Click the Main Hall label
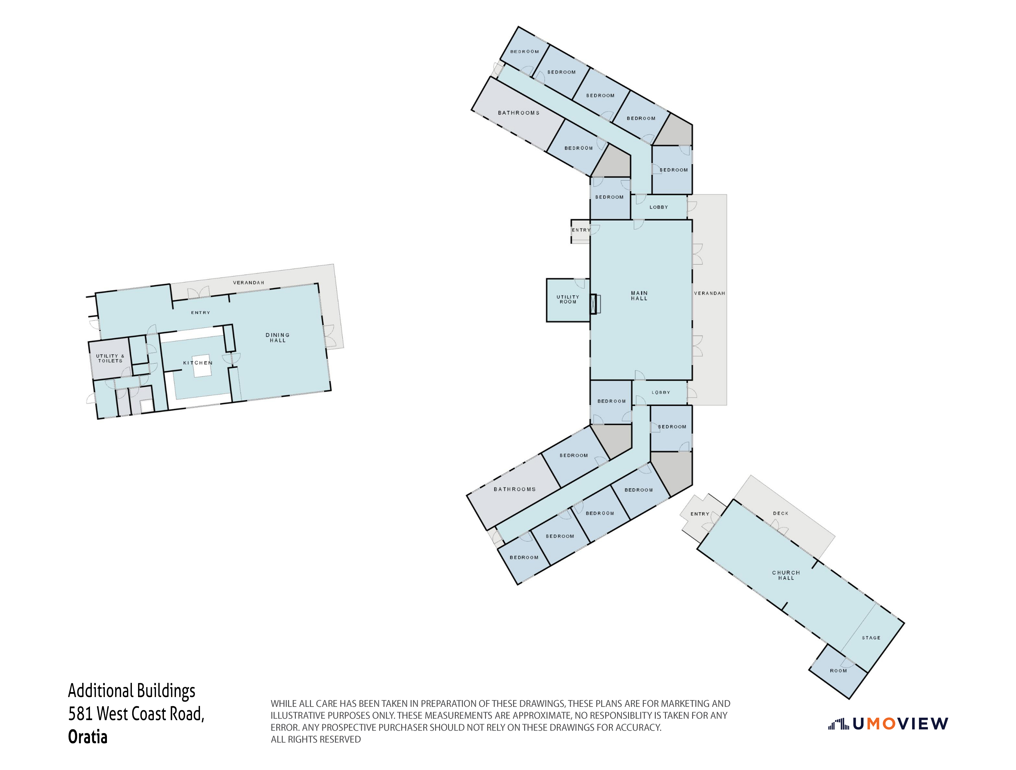(x=639, y=296)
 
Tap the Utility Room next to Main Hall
(x=568, y=299)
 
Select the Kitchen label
(x=198, y=363)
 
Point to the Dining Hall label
(x=277, y=338)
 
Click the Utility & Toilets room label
(x=110, y=358)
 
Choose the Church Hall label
(x=786, y=575)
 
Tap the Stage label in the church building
(x=871, y=638)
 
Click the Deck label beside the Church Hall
(x=780, y=513)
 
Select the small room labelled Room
(x=838, y=671)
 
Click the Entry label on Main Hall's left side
(x=581, y=230)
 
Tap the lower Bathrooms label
(x=514, y=489)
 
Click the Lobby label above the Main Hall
(x=659, y=207)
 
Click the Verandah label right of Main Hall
(x=709, y=293)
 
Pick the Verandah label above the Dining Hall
(x=248, y=282)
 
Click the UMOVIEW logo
(x=888, y=724)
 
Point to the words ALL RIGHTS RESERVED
(x=316, y=739)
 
